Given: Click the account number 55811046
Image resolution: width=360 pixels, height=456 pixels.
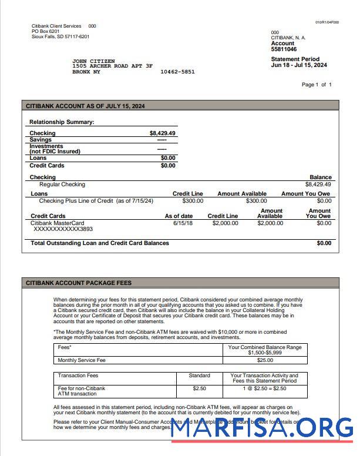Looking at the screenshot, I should point(284,50).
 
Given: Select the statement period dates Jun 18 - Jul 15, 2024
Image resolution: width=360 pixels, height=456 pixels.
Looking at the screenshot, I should point(299,65).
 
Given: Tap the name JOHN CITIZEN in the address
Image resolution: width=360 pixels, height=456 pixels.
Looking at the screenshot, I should point(93,61).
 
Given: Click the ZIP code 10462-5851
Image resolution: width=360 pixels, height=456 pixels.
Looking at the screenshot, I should point(177,72).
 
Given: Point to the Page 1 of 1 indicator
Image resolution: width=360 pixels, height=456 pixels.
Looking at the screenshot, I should point(317,85).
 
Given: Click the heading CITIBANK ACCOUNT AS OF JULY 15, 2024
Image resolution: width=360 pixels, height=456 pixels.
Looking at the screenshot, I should point(85,106).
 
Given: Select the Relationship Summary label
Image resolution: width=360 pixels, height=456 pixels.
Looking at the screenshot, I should point(62,122).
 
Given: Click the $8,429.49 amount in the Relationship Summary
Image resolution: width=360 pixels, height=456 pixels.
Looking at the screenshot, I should point(162,133).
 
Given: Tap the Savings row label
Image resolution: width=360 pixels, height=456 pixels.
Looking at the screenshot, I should point(41,140).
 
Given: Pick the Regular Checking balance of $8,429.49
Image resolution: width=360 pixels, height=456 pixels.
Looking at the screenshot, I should point(318,185).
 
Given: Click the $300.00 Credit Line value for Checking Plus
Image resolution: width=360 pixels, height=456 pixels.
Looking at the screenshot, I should point(193,201).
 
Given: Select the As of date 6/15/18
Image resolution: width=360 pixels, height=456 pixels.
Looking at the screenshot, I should point(183,223).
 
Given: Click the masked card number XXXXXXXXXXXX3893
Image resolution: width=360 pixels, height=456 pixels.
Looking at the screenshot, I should point(63,229).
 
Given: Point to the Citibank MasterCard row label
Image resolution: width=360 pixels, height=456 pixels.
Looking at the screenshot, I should point(57,223).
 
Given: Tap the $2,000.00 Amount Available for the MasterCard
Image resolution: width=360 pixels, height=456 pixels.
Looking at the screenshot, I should point(270,223).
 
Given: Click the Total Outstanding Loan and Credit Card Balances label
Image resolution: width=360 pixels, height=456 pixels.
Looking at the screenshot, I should point(99,243).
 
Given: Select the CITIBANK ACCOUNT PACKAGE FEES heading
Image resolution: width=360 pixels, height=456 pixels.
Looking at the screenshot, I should point(79,283).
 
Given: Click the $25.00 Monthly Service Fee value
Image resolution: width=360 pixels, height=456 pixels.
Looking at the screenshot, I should point(265,360).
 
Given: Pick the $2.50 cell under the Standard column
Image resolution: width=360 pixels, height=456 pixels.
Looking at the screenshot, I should point(199,388).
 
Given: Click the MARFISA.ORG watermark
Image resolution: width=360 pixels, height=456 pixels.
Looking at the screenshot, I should point(262,427).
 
